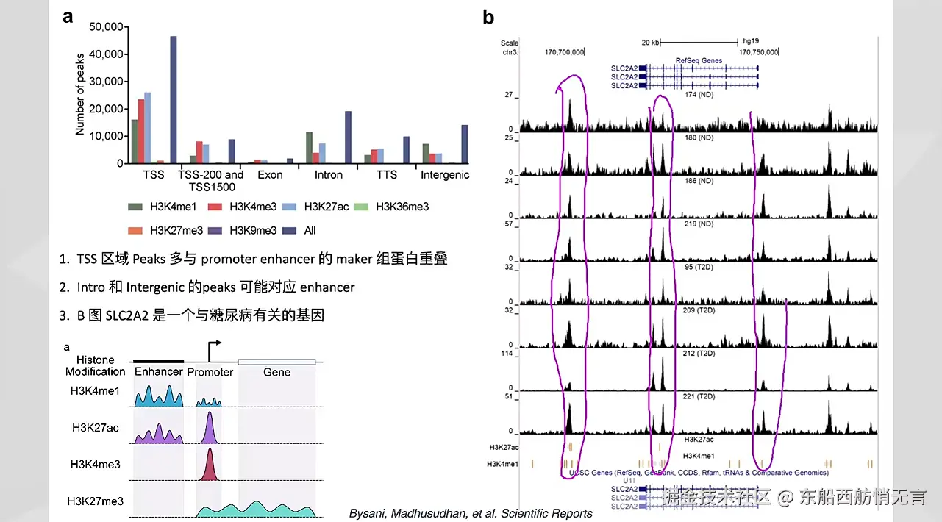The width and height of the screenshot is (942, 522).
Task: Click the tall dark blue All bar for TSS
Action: click(x=174, y=99)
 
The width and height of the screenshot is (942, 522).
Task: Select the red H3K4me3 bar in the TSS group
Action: click(x=141, y=131)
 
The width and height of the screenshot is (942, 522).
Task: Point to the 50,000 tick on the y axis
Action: click(x=105, y=27)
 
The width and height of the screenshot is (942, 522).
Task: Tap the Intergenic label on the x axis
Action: click(x=444, y=175)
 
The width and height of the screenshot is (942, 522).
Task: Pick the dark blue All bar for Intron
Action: click(x=348, y=137)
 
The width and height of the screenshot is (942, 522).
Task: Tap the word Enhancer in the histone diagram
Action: click(x=159, y=372)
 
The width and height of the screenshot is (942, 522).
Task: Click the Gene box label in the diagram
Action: click(x=276, y=372)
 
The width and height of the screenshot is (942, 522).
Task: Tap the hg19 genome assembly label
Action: click(x=751, y=42)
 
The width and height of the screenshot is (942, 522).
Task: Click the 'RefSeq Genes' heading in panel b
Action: click(x=699, y=60)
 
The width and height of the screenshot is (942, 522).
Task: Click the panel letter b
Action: click(x=488, y=18)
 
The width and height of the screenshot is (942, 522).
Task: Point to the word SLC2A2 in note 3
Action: click(x=125, y=315)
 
